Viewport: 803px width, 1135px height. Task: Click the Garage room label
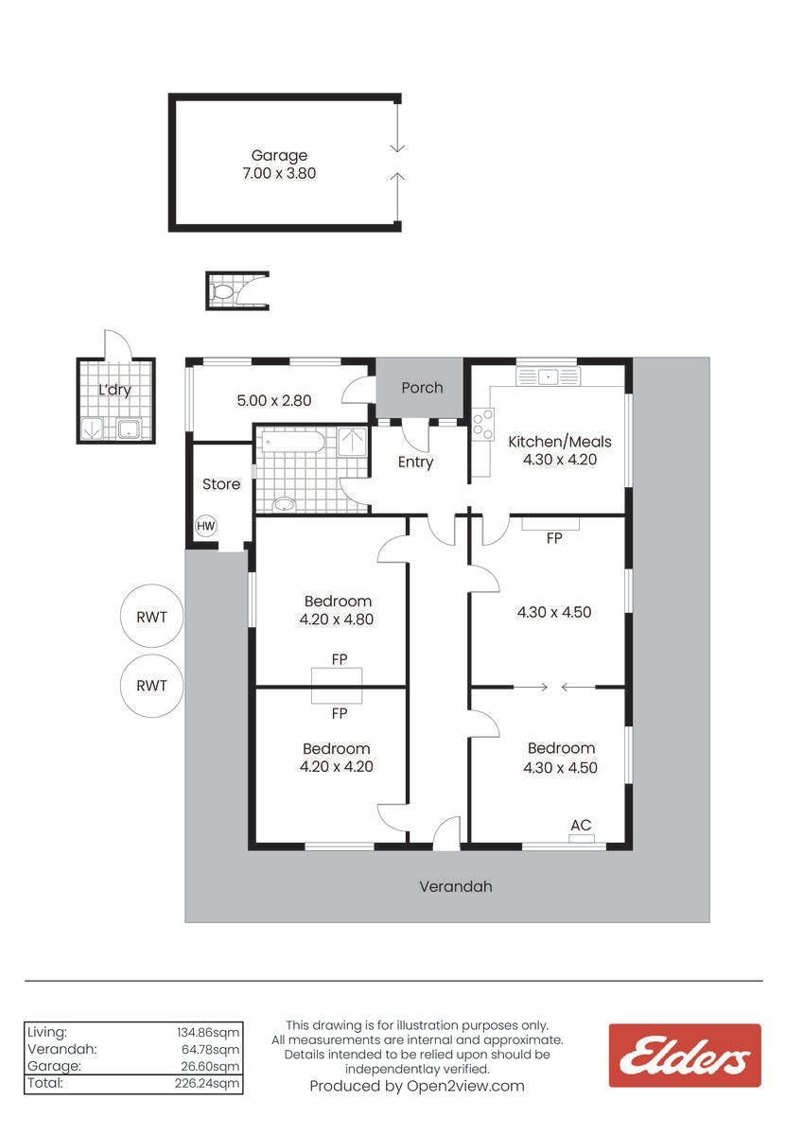[279, 155]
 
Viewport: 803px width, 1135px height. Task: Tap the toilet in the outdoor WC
[222, 292]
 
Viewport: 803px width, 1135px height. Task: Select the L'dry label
[114, 390]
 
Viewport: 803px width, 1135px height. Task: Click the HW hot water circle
[205, 526]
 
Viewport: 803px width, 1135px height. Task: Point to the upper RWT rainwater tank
[151, 617]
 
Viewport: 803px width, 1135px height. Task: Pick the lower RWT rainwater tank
[151, 686]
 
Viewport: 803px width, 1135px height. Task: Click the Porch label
[422, 388]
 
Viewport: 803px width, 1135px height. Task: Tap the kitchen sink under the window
[549, 377]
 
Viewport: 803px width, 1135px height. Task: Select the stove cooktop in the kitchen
[482, 424]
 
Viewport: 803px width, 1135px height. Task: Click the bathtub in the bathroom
[293, 442]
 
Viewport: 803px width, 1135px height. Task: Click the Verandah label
[456, 886]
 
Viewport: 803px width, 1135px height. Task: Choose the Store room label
[221, 484]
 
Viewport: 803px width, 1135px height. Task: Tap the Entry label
[415, 463]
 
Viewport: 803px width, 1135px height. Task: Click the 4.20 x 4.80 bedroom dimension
[337, 620]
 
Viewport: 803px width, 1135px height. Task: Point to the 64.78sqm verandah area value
[210, 1049]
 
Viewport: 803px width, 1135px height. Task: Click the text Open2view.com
[465, 1086]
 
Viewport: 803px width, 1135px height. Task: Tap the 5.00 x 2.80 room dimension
[274, 400]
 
